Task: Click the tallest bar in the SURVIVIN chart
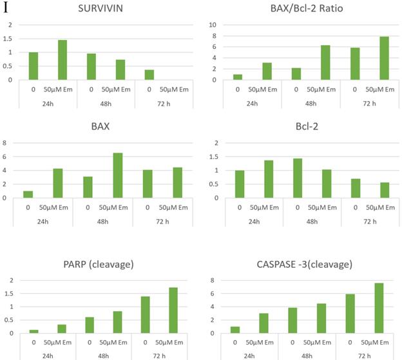point(62,60)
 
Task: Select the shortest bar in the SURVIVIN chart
point(149,75)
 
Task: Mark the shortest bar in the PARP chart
point(33,331)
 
